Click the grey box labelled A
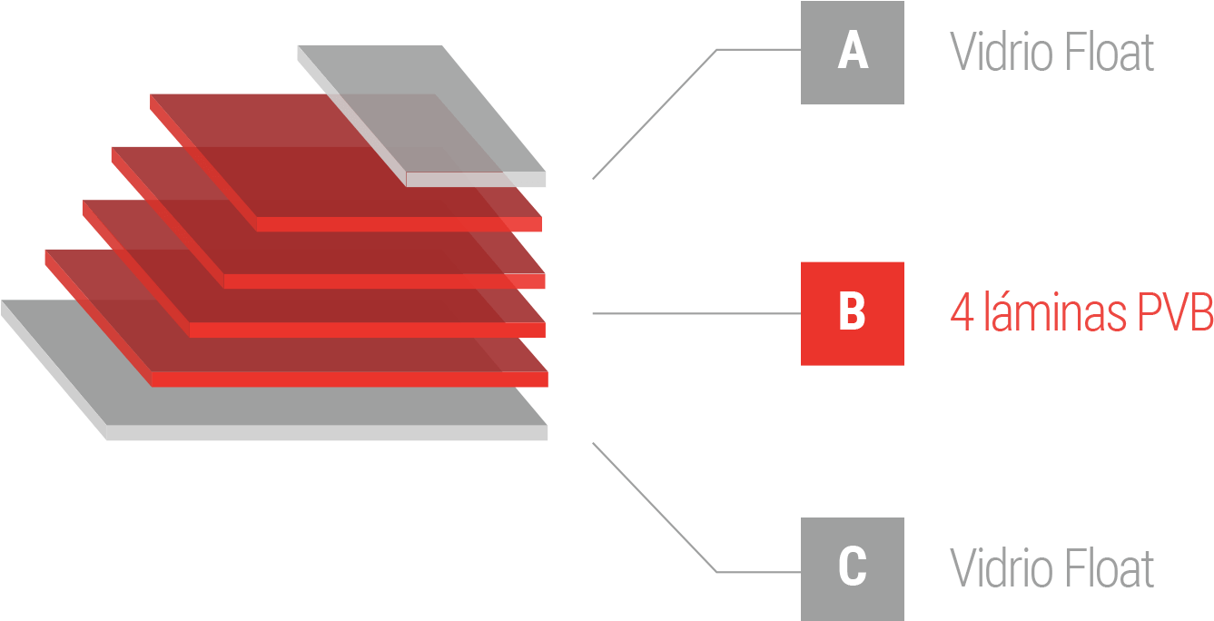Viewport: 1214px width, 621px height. tap(852, 53)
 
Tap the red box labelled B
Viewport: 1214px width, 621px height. tap(852, 313)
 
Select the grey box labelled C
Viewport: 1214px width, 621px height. tap(852, 568)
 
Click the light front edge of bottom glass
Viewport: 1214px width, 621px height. tap(327, 433)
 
